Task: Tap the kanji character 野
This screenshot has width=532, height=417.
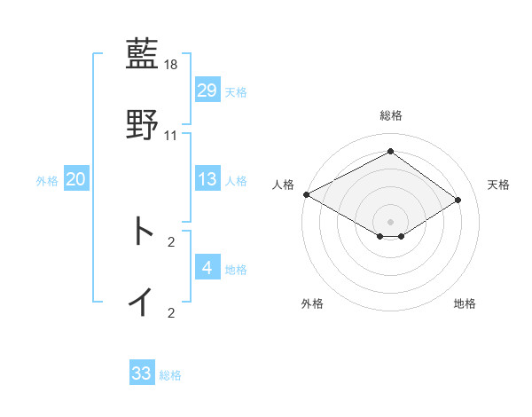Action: click(143, 124)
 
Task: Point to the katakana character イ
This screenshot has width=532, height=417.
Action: click(142, 302)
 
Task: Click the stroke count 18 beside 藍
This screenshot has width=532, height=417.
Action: click(171, 65)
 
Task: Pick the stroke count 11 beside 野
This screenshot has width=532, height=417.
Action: click(171, 136)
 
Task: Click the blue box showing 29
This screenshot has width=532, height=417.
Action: click(207, 90)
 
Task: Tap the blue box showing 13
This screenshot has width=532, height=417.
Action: click(207, 179)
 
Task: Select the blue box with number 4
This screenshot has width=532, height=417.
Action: click(207, 268)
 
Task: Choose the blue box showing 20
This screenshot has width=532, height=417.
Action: click(75, 179)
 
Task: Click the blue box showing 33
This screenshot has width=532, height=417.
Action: click(142, 374)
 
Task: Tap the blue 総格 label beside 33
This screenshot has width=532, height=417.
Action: click(170, 375)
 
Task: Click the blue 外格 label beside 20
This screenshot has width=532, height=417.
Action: click(47, 181)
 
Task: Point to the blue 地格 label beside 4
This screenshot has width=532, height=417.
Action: click(236, 270)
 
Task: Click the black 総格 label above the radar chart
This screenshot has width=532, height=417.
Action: click(390, 115)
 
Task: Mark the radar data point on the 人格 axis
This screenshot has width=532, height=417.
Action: click(306, 194)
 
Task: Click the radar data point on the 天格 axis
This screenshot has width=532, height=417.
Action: click(458, 200)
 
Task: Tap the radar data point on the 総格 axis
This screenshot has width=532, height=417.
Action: click(390, 152)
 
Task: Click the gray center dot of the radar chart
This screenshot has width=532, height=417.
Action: click(390, 221)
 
